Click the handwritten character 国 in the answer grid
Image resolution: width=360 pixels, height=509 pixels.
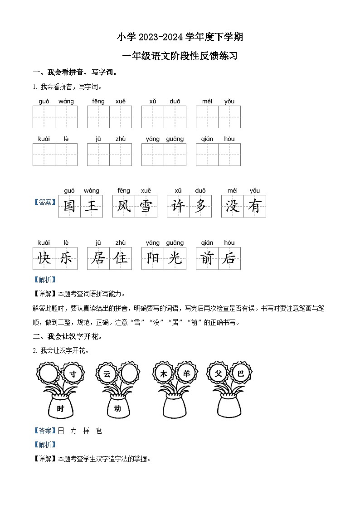click(x=69, y=206)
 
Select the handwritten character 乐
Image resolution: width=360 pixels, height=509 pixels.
click(x=66, y=258)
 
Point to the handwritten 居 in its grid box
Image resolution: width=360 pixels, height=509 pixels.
click(x=98, y=258)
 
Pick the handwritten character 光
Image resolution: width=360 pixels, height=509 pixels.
click(x=175, y=258)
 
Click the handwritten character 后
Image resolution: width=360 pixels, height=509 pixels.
click(x=229, y=258)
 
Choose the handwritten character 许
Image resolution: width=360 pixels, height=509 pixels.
click(x=178, y=206)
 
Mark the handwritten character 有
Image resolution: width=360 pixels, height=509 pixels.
click(x=255, y=206)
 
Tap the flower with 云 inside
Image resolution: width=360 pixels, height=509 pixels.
click(x=107, y=373)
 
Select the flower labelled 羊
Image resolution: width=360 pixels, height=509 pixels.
click(x=186, y=373)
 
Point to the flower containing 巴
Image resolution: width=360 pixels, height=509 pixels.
click(x=241, y=373)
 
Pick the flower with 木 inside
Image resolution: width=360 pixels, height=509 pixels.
click(x=163, y=373)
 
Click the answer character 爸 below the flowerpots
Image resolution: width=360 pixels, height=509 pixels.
click(x=99, y=431)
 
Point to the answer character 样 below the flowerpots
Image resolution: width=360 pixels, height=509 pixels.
click(x=86, y=431)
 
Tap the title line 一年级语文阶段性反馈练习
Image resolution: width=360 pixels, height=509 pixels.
click(x=180, y=56)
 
